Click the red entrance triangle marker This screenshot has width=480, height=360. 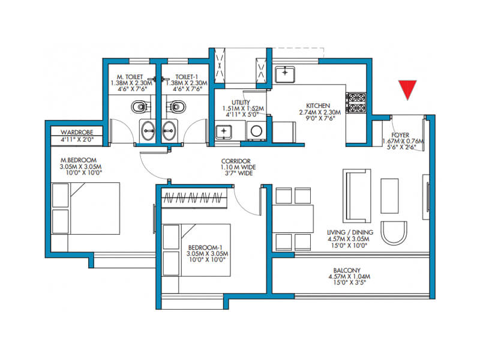[x=407, y=89]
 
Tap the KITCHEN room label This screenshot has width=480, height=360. [x=318, y=106]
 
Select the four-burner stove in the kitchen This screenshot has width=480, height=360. [x=356, y=103]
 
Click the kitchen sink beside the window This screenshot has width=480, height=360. [x=285, y=74]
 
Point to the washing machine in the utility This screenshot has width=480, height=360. [x=256, y=131]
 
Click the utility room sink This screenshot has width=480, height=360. [x=224, y=131]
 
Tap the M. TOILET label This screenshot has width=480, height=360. [x=130, y=77]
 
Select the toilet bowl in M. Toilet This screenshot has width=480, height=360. [x=141, y=107]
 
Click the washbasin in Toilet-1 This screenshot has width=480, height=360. [x=170, y=130]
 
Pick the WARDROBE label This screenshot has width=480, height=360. [x=77, y=132]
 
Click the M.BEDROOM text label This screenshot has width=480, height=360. [x=79, y=160]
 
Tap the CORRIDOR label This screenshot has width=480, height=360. [x=236, y=161]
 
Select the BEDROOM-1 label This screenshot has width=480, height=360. [x=205, y=247]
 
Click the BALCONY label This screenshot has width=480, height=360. [x=347, y=271]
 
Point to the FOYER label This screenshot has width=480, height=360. [x=400, y=135]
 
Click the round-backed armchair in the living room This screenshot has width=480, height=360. [x=394, y=233]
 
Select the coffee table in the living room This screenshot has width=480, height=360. [x=389, y=196]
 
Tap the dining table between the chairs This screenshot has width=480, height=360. [x=293, y=219]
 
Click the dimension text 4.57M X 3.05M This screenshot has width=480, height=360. [x=348, y=239]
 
